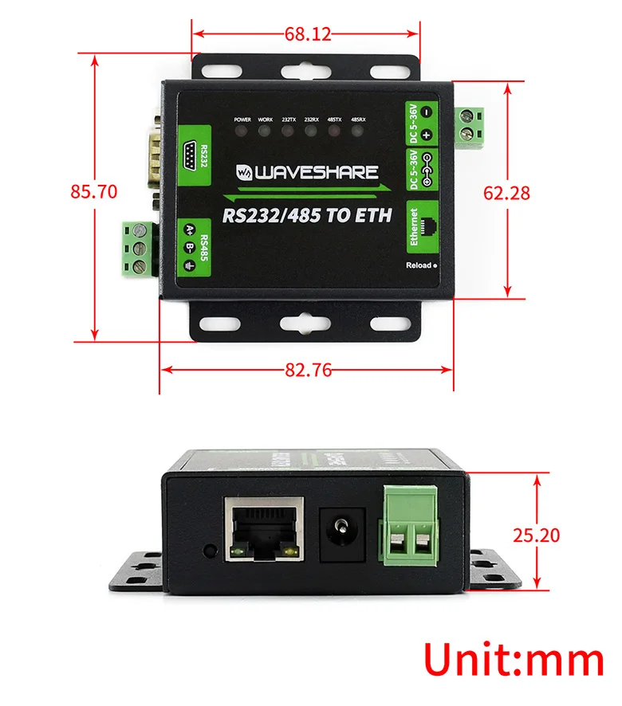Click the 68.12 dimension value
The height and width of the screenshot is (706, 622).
(306, 34)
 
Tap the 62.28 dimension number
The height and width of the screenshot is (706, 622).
(507, 192)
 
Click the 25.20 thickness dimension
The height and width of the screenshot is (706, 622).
(536, 535)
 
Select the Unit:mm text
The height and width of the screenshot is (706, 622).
(514, 661)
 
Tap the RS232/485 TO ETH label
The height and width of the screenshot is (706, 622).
(307, 215)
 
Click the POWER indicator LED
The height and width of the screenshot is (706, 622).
(242, 130)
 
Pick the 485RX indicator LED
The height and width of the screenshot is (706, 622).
(359, 130)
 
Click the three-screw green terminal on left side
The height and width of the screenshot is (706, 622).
(137, 249)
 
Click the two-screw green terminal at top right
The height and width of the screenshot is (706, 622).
(473, 124)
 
